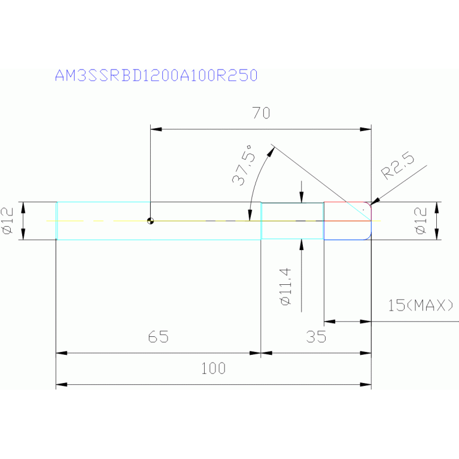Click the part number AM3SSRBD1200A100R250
point(156,75)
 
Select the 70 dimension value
point(261,113)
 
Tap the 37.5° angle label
point(243,165)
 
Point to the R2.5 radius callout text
point(398,165)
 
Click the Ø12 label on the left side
point(8,220)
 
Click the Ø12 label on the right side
point(421,220)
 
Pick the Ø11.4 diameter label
point(285,287)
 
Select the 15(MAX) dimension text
point(420,305)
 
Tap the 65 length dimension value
point(159,337)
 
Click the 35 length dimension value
point(316,337)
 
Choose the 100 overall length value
point(214,368)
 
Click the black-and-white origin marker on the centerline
point(150,221)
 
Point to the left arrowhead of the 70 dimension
point(156,129)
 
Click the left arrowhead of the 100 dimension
point(62,384)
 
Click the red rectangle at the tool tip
point(347,211)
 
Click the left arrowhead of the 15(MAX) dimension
point(330,321)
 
